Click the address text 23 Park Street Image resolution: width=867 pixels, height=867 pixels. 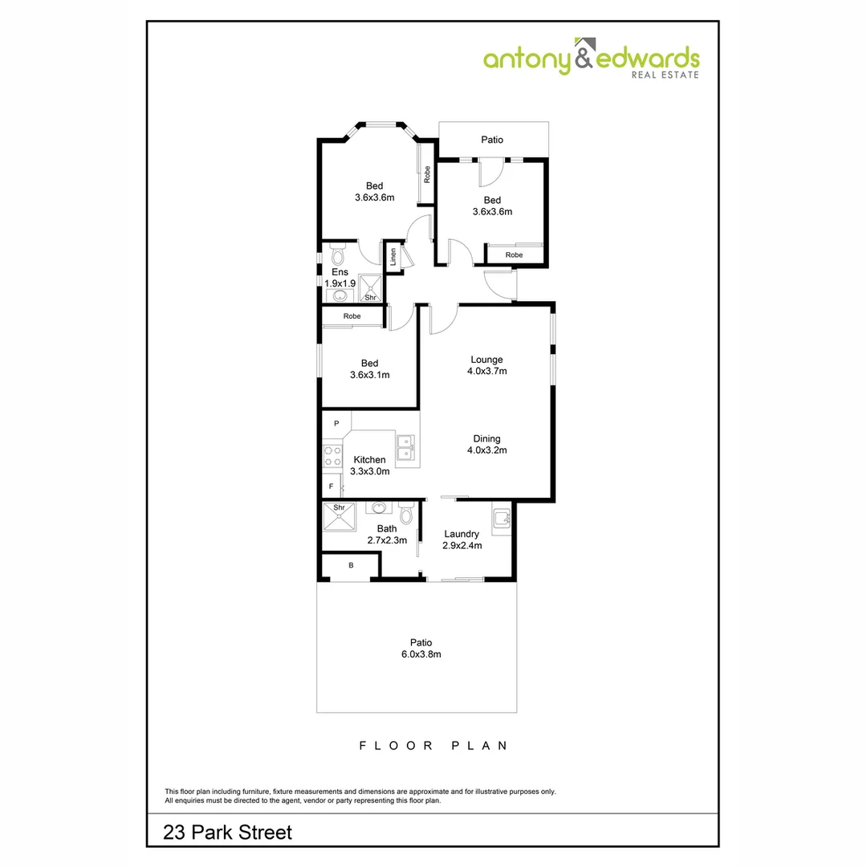(x=228, y=832)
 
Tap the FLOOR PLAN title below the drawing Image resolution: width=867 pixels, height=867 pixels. (x=433, y=746)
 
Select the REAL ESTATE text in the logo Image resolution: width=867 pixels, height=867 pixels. (x=666, y=75)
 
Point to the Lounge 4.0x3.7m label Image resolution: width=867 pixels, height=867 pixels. (x=486, y=365)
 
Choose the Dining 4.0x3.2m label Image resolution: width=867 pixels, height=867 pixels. (x=486, y=444)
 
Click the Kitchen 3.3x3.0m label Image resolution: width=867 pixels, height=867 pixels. (x=369, y=466)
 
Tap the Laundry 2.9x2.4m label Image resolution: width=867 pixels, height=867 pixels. (x=461, y=539)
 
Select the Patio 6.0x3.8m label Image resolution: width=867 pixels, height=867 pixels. (x=421, y=648)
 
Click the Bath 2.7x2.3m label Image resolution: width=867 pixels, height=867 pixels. (x=387, y=534)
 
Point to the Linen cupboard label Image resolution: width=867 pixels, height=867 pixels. (x=393, y=257)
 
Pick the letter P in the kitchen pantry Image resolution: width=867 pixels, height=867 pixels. (x=337, y=423)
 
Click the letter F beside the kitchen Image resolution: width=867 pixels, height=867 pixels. (x=330, y=486)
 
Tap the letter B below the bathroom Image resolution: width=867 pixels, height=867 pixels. (x=351, y=566)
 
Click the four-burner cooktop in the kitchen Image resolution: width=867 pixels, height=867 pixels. (x=331, y=456)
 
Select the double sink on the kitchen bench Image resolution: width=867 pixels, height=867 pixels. (x=407, y=448)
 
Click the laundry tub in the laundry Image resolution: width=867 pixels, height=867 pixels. (x=502, y=518)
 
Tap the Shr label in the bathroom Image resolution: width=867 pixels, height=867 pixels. (x=339, y=508)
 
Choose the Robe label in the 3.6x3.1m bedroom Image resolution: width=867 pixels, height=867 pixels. (x=352, y=316)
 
